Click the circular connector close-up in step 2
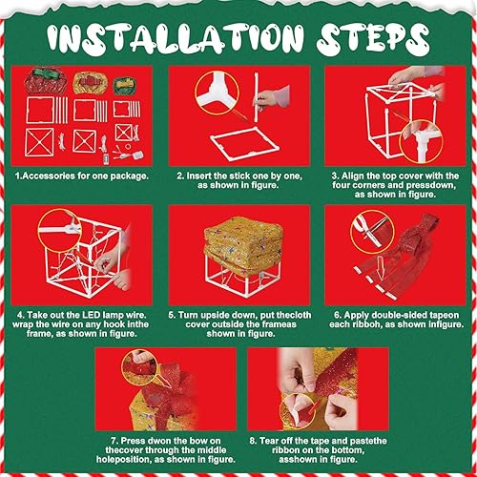(x=212, y=92)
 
